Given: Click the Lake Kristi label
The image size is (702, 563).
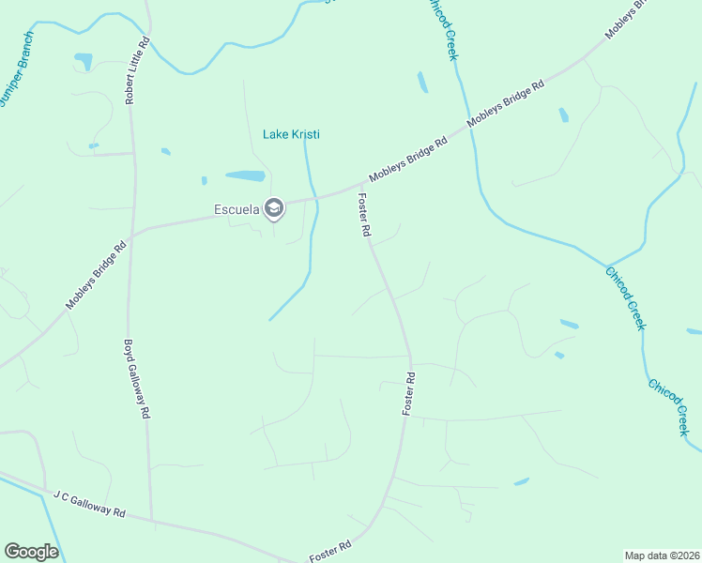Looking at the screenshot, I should tap(291, 134).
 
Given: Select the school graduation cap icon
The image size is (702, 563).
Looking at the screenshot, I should tap(274, 208).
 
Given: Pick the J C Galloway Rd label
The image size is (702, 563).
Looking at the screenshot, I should tap(89, 502).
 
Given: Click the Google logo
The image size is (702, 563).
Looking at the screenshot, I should tap(31, 552).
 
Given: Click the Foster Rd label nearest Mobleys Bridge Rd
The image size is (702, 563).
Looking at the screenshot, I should tap(364, 215).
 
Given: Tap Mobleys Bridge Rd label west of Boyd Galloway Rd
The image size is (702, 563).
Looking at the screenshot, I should tap(96, 278).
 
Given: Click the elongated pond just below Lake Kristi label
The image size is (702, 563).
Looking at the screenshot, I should tap(245, 175).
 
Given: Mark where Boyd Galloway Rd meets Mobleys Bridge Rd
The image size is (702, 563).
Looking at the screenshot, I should tap(132, 234).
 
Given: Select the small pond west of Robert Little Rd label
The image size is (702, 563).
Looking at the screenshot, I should tap(84, 62).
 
